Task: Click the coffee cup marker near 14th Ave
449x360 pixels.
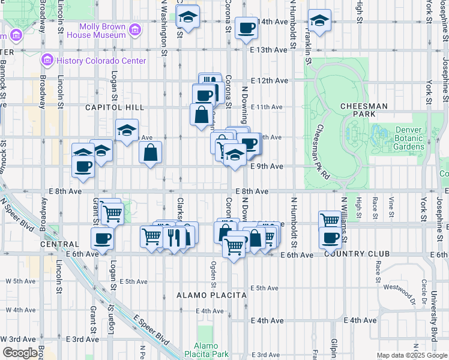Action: tap(247, 28)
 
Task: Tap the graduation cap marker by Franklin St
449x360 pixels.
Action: tap(320, 21)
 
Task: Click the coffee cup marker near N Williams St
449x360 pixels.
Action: tap(331, 238)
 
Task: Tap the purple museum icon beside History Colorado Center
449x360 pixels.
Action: tap(47, 61)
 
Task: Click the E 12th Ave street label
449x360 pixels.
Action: tap(270, 80)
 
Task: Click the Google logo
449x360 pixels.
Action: tap(20, 353)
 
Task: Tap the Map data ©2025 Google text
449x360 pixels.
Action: tap(412, 355)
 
